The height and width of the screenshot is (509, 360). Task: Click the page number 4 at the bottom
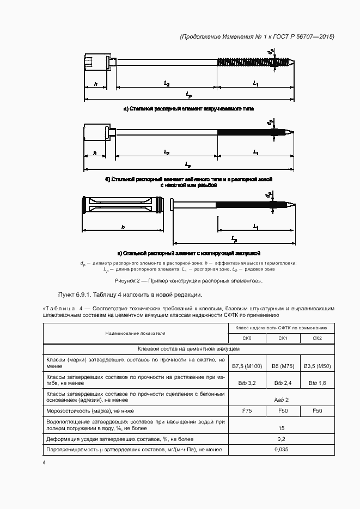click(44, 462)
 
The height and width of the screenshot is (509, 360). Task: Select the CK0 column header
click(246, 338)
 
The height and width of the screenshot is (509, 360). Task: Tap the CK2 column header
click(317, 338)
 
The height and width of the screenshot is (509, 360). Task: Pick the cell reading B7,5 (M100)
click(246, 364)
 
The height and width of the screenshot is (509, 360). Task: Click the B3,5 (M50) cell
click(317, 364)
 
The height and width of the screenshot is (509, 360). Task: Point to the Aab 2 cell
click(282, 399)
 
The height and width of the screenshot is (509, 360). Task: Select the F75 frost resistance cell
click(246, 410)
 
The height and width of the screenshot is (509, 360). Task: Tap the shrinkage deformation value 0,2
click(282, 439)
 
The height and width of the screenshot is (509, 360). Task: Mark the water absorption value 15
click(282, 428)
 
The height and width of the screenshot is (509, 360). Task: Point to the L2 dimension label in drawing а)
click(166, 83)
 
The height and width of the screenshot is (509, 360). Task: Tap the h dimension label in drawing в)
click(123, 227)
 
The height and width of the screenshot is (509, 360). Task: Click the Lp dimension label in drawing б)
click(188, 164)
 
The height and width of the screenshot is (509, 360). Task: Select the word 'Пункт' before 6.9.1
click(59, 295)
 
